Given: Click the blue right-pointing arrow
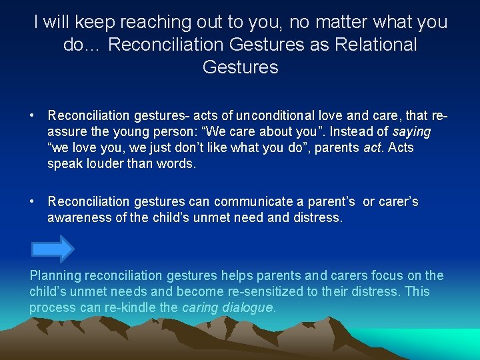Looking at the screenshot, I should [52, 249].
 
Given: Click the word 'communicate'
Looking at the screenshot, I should [239, 201].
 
